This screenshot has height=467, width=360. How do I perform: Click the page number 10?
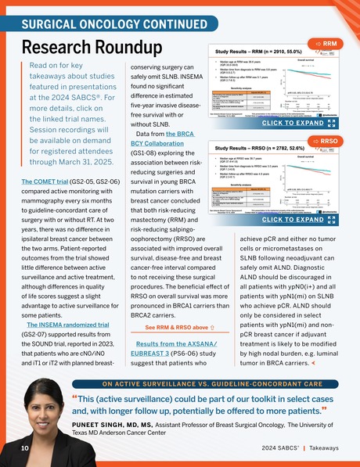pyautogui.click(x=25, y=448)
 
